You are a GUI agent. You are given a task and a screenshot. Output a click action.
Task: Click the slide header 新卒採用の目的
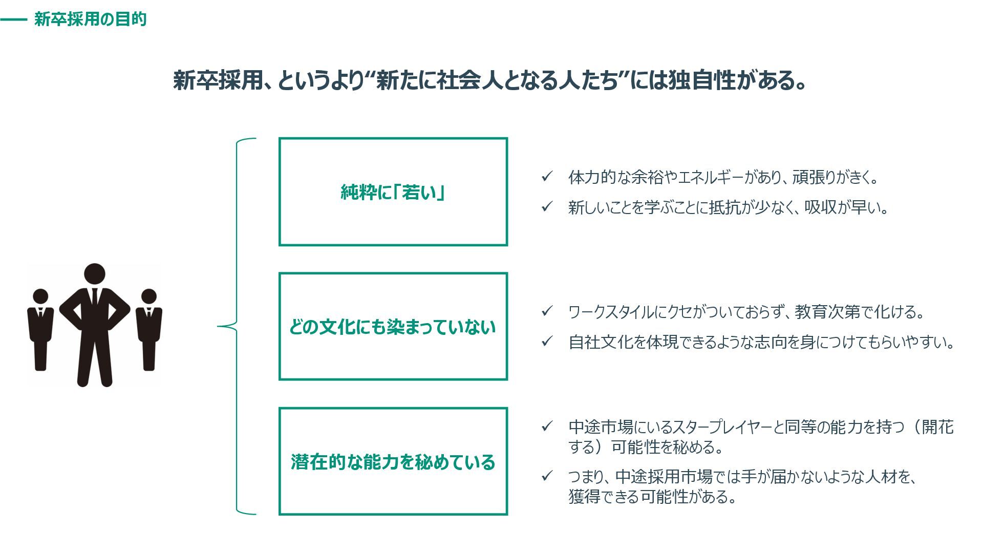coord(90,19)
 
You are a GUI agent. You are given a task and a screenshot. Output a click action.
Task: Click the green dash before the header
coord(13,20)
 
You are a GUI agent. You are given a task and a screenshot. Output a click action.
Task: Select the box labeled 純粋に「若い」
coord(393,192)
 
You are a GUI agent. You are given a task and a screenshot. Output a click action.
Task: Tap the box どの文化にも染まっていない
coord(393,327)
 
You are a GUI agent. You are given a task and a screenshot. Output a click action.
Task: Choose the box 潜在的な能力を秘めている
coord(393,461)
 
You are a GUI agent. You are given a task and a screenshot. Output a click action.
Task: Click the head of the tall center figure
coord(94,274)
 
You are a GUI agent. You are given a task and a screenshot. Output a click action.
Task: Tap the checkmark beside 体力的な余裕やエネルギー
coord(547,177)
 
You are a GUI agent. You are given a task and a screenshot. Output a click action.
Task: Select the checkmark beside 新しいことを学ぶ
coord(547,207)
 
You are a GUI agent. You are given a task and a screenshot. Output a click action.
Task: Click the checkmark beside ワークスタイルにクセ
coord(547,311)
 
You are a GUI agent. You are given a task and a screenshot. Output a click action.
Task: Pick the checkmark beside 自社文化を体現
coord(547,342)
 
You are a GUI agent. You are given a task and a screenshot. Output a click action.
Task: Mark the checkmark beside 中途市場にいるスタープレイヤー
coord(547,427)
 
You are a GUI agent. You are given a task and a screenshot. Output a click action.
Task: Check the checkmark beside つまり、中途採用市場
coord(547,476)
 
